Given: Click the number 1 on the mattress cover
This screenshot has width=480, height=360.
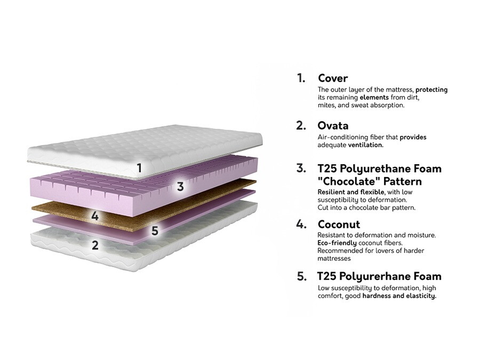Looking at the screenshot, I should point(139,168).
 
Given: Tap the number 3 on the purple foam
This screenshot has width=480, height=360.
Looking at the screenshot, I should point(180,187).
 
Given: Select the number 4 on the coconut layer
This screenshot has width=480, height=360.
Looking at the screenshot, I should point(95,216).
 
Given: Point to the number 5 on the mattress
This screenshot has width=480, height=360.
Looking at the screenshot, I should point(155,231).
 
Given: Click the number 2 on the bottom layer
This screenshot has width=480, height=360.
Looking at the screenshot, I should point(95,245).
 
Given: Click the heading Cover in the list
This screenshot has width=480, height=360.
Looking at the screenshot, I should point(333,78).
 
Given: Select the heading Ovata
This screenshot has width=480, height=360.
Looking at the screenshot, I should point(333,126).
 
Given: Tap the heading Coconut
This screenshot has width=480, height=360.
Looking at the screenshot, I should point(339,224).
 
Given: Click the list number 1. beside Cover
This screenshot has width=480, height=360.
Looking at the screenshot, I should point(301,78).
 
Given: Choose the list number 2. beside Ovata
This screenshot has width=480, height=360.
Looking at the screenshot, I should point(301,126).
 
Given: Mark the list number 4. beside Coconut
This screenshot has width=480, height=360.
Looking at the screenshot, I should point(301,224).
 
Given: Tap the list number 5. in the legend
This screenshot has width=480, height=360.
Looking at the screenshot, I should point(302,276).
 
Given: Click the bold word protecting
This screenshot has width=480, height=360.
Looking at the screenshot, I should point(431,90).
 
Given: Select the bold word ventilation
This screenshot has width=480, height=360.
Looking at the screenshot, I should point(365,145).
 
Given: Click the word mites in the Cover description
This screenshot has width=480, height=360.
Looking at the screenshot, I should point(326,105).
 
